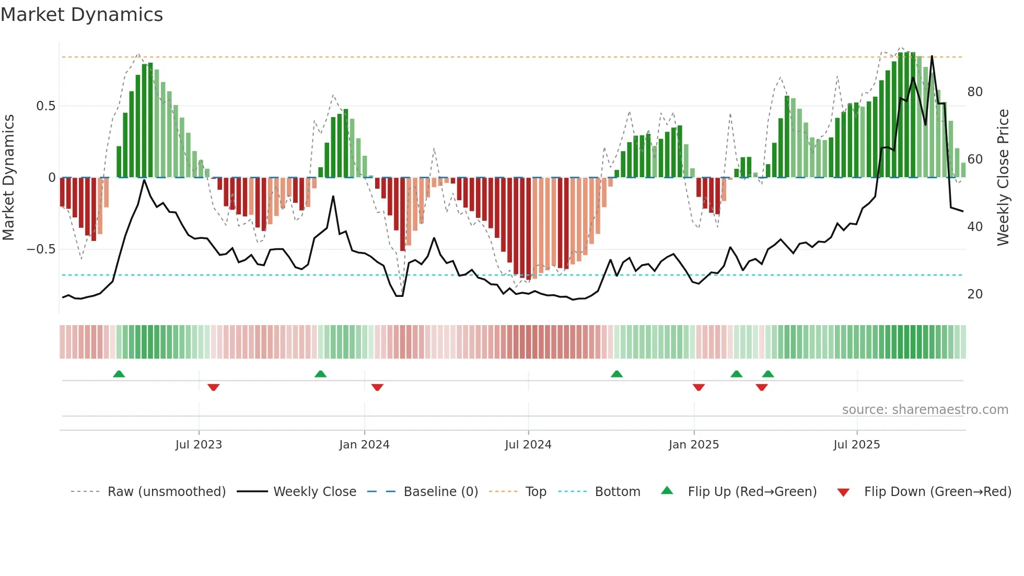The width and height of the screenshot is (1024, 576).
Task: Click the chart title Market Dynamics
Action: (82, 15)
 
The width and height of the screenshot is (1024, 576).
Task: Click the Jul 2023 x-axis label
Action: (199, 445)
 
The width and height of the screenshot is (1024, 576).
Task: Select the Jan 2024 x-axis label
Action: (364, 445)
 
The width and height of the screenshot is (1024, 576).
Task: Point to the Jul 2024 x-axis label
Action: (528, 445)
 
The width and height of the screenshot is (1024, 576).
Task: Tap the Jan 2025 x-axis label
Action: (694, 445)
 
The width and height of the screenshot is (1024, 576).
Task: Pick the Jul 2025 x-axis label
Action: (857, 445)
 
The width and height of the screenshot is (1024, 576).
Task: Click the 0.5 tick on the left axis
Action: (45, 106)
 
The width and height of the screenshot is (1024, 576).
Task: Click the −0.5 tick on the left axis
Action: (41, 249)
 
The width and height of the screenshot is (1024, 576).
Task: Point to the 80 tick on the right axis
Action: (975, 92)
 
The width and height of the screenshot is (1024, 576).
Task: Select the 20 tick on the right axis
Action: (975, 294)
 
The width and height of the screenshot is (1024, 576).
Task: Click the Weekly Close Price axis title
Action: (1003, 178)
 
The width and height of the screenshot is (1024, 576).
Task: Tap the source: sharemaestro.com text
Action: (925, 410)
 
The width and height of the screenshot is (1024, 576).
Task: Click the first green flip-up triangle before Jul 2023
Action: (119, 374)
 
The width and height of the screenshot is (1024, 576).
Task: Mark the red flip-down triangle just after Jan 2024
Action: (377, 387)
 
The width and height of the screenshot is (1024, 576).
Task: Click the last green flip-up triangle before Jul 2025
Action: (768, 374)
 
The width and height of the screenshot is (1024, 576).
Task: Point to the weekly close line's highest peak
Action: (932, 56)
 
